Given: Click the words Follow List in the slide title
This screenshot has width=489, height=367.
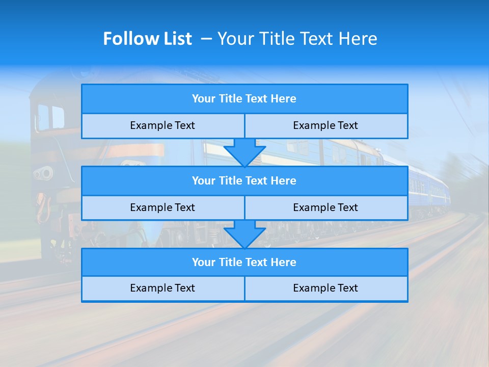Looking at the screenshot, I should click(147, 39).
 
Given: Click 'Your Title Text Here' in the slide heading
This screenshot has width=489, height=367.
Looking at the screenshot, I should click(297, 39).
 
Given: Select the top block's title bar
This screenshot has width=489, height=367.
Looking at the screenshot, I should click(244, 99).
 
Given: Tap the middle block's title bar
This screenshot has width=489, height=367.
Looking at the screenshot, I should click(244, 181).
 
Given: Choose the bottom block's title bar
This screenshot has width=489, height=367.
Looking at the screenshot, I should click(244, 263).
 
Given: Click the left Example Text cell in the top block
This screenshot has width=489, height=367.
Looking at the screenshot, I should click(162, 126).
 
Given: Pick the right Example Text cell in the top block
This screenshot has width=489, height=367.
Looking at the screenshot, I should click(326, 126).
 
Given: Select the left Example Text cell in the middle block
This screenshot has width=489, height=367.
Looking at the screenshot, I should click(162, 208).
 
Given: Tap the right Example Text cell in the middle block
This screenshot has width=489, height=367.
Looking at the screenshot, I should click(326, 208).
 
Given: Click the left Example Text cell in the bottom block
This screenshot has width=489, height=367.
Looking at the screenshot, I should click(162, 289).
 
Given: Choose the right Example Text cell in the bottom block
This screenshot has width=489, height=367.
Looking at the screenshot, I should click(326, 289).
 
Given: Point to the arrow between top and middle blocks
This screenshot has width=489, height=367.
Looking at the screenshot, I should click(244, 152).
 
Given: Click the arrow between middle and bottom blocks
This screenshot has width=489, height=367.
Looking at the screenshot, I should click(244, 234).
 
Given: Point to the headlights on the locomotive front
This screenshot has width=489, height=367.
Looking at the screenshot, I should click(43, 173).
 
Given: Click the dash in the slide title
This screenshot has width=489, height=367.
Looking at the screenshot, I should click(206, 39).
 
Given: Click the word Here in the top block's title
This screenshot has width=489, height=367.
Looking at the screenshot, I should click(284, 99).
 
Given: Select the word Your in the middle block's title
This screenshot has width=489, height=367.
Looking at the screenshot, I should click(204, 181).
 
